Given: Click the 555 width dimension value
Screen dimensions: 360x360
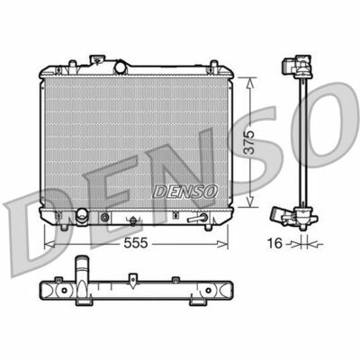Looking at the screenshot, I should [135, 243].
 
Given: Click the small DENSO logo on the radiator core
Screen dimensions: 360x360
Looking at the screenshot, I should [184, 189].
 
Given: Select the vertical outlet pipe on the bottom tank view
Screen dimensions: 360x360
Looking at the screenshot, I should [83, 268].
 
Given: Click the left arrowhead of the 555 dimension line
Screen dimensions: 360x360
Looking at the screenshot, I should [47, 243].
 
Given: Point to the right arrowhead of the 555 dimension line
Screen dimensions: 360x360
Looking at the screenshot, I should [228, 243].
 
